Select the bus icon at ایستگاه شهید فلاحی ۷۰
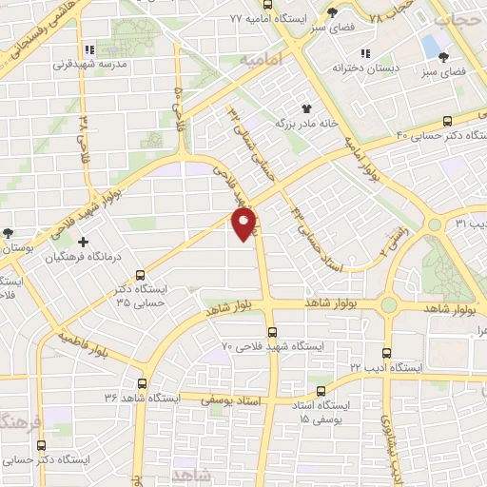[272, 332]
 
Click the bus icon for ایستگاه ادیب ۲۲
[386, 351]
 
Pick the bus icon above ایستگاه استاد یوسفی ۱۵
[321, 390]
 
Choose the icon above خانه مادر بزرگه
[306, 108]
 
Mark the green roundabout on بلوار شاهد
[389, 305]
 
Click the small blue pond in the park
[431, 45]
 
